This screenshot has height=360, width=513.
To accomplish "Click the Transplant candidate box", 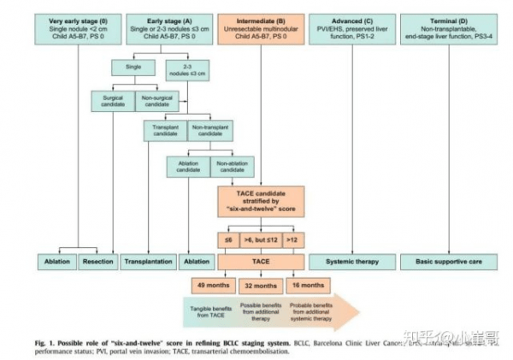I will point(164,130).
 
